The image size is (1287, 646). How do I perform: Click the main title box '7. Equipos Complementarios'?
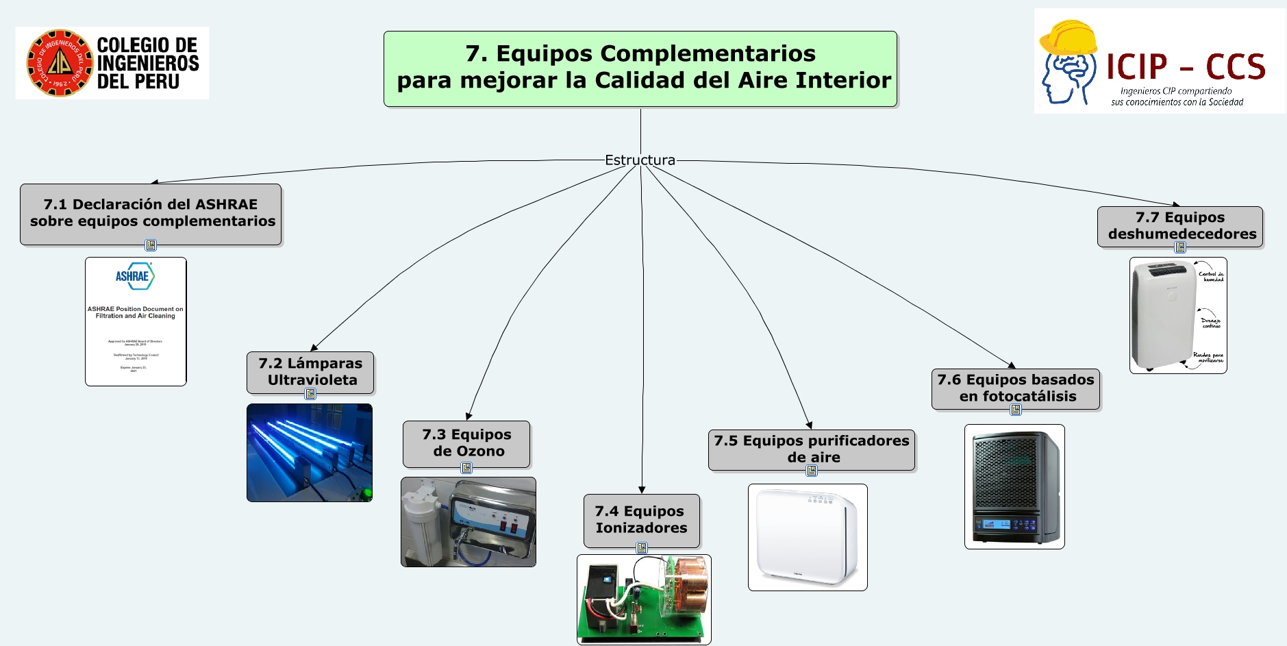click(x=640, y=69)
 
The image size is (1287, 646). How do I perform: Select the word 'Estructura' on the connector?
click(x=640, y=160)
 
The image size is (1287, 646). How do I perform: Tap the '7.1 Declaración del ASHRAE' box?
click(x=151, y=213)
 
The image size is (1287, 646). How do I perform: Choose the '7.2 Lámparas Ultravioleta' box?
click(x=310, y=371)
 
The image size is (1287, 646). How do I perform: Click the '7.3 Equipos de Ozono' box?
click(x=466, y=443)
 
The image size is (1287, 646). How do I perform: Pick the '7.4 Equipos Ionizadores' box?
click(x=641, y=519)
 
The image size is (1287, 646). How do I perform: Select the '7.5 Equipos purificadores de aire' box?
click(x=812, y=449)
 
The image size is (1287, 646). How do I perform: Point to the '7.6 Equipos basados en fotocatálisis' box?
click(x=1016, y=388)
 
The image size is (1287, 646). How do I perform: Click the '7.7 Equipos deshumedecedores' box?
click(x=1180, y=225)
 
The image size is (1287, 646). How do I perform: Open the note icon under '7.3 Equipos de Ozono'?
click(x=466, y=468)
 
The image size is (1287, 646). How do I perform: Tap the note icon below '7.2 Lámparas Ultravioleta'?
click(x=310, y=394)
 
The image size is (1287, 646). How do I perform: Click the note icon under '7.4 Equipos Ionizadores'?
click(x=642, y=548)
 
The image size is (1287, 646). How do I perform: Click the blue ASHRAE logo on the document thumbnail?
click(x=135, y=276)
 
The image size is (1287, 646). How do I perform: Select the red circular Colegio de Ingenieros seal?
click(x=60, y=63)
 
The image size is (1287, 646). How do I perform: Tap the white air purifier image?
click(x=807, y=537)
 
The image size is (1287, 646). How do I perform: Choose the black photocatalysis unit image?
click(x=1014, y=486)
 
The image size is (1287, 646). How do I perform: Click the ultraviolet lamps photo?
click(x=310, y=453)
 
